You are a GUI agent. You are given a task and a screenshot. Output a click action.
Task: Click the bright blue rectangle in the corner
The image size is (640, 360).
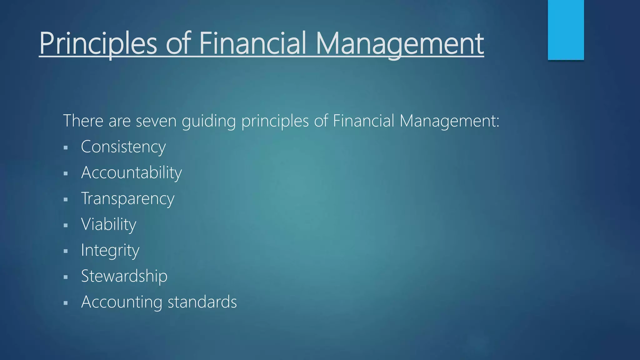(566, 30)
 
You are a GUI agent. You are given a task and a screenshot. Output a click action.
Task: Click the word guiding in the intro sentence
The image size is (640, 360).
(208, 121)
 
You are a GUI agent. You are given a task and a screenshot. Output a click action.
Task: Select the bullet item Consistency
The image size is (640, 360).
(123, 147)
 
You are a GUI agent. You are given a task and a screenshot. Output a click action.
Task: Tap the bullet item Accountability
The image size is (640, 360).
(131, 173)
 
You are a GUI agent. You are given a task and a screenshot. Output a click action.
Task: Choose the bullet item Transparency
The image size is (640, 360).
(127, 199)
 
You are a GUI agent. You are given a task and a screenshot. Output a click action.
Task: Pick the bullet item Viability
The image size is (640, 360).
(108, 224)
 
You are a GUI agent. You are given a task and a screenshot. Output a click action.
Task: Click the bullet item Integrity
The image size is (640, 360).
(110, 250)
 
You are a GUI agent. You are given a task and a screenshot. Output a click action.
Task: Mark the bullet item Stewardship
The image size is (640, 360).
(124, 276)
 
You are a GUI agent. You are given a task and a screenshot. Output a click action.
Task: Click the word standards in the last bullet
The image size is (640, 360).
(202, 302)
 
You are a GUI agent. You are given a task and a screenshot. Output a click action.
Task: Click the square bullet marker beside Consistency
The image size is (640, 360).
(66, 147)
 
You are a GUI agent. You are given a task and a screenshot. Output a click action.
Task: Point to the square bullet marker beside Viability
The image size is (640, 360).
(66, 225)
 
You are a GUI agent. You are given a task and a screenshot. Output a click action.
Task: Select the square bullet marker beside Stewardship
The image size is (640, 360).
(66, 277)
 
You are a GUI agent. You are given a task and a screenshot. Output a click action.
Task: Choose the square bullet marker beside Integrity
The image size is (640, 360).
(66, 251)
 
